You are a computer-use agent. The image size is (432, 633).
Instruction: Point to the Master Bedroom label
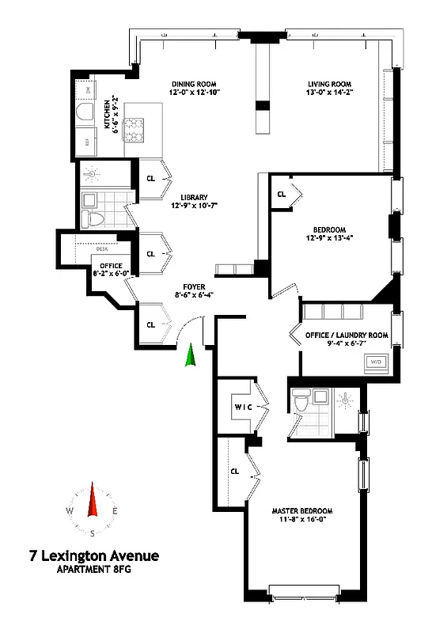(x=305, y=510)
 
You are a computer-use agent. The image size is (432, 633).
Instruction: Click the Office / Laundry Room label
(x=347, y=335)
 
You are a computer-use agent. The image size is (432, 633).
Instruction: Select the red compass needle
(x=93, y=502)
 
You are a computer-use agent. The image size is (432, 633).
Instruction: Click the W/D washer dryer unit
(x=377, y=362)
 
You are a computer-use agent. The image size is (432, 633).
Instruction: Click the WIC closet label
(x=242, y=407)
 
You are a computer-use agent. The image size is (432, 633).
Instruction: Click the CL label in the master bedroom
(x=235, y=471)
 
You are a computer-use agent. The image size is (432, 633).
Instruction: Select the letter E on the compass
(x=116, y=512)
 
